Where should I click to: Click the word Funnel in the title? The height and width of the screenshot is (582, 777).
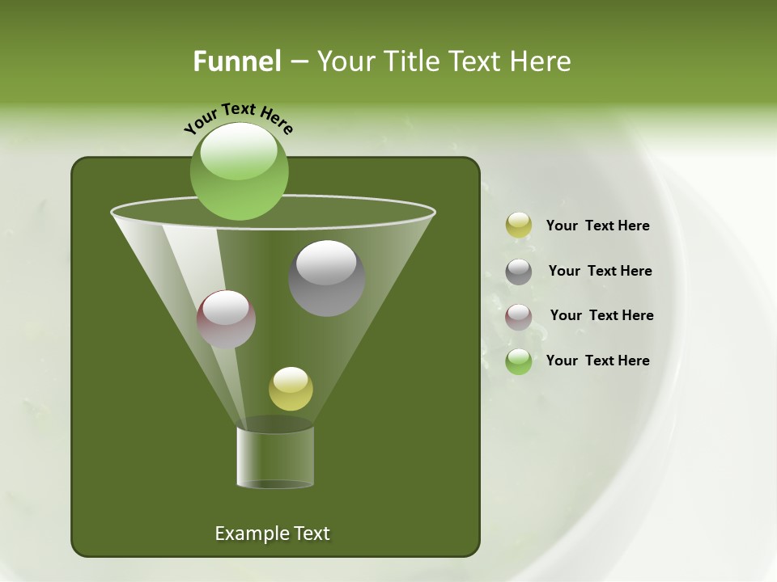click(x=236, y=61)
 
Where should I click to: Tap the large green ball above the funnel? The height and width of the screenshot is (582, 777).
click(x=239, y=171)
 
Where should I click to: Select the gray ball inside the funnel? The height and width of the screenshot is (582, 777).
click(x=326, y=278)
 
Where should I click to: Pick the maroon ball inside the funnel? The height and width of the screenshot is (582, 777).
click(x=226, y=319)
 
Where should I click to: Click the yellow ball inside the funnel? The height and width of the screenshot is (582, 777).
click(x=291, y=389)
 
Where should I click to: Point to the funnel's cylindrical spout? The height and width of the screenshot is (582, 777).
click(x=275, y=457)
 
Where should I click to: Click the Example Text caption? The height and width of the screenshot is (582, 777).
click(x=272, y=533)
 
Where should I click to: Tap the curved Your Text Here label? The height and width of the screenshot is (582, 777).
click(x=238, y=117)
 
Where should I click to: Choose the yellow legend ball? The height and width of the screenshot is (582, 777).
click(x=519, y=226)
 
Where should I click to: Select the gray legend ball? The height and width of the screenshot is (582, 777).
click(x=519, y=271)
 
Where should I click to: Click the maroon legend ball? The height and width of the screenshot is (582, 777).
click(x=519, y=316)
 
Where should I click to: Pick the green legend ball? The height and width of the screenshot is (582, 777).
click(x=519, y=361)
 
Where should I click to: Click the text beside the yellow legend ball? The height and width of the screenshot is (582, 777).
click(x=597, y=226)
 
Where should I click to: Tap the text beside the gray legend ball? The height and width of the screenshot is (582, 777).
click(x=600, y=271)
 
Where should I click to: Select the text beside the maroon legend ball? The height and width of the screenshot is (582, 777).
click(x=601, y=315)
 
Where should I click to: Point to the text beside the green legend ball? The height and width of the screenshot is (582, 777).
click(x=597, y=361)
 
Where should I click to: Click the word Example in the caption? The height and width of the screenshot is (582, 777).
click(x=244, y=533)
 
